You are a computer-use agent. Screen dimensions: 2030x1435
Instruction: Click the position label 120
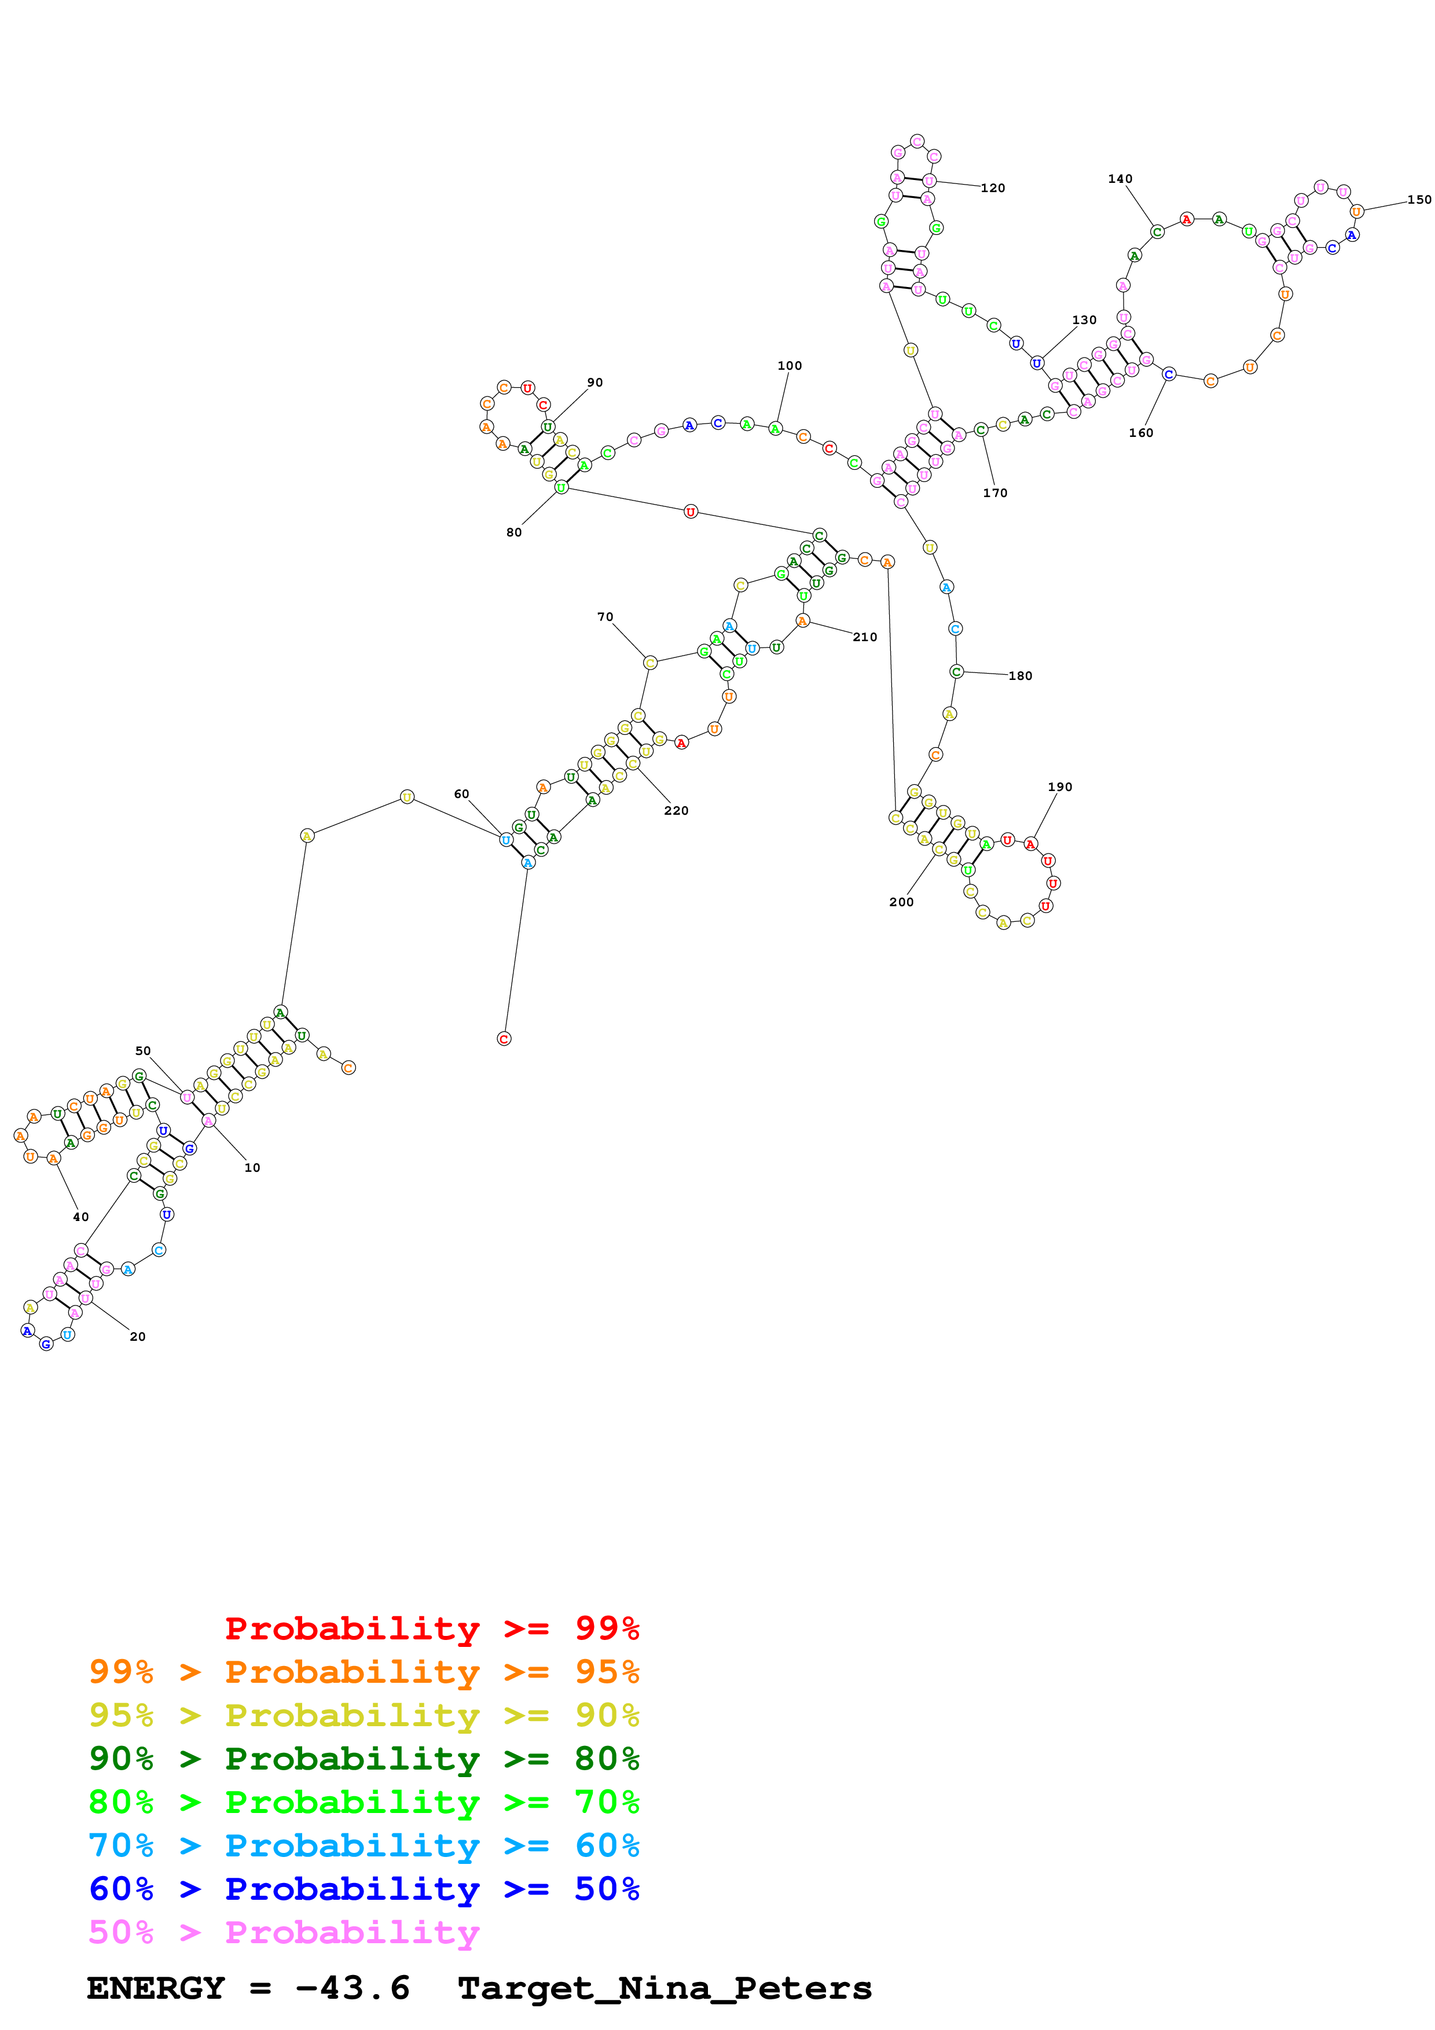pos(992,188)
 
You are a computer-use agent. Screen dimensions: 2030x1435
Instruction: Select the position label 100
pos(790,366)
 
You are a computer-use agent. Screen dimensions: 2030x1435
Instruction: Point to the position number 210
pos(865,638)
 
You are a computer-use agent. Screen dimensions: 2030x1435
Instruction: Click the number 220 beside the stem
pos(676,811)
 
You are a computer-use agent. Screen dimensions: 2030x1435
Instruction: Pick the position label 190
pos(1059,787)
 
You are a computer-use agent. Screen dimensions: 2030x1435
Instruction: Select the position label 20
pos(137,1337)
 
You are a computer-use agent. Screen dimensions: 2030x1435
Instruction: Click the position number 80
pos(513,532)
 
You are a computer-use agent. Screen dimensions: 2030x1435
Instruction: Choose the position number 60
pos(461,794)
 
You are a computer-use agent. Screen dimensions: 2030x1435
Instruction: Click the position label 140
pos(1120,179)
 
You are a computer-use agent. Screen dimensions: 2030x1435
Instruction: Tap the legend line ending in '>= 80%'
pos(364,1759)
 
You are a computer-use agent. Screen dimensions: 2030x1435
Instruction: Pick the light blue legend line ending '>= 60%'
pos(364,1845)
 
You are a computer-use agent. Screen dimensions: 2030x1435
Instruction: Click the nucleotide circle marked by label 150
pos(1356,211)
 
